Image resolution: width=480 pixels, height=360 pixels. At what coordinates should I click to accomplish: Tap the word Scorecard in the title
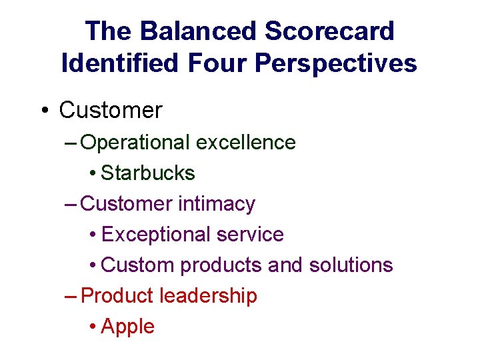[329, 31]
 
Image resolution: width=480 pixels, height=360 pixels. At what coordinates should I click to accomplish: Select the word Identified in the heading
[119, 63]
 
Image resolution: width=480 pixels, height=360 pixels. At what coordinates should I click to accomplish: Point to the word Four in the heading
[214, 63]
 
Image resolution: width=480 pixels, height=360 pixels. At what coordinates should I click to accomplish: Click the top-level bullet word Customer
[110, 110]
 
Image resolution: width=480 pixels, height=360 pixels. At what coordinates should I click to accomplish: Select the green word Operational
[135, 143]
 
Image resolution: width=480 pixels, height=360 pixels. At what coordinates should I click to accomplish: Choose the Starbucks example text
[148, 173]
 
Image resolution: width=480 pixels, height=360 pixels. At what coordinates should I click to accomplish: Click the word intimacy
[217, 203]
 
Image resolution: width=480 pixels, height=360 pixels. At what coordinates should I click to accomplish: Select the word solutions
[351, 265]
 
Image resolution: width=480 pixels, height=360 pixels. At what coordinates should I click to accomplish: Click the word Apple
[128, 327]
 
